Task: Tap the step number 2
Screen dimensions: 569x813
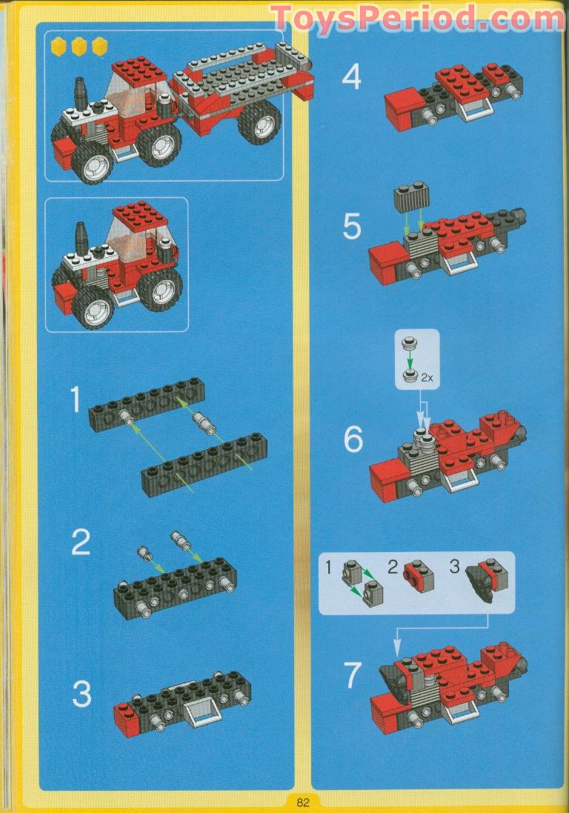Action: point(81,542)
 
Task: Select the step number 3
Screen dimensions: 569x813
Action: point(81,694)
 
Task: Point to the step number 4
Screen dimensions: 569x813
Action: point(351,78)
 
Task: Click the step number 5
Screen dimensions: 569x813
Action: point(352,227)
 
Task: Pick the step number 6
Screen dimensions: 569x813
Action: point(353,439)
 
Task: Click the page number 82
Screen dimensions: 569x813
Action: point(302,802)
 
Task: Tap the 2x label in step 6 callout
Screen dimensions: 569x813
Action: point(427,378)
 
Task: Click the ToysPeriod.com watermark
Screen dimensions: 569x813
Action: point(418,18)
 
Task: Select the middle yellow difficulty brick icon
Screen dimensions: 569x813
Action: point(79,47)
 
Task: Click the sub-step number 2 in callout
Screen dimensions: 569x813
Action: point(393,567)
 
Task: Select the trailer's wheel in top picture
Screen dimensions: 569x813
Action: point(260,122)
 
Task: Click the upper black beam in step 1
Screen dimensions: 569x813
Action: point(147,405)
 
